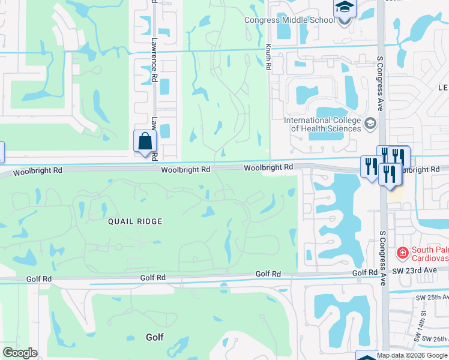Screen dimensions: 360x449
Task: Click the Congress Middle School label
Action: coord(289,20)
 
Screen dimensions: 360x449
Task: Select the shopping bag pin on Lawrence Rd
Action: coord(145,142)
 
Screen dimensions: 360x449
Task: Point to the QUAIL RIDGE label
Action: coord(135,221)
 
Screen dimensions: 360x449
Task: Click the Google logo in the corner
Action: coord(20,353)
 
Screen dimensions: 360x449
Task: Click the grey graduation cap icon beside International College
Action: coord(370,124)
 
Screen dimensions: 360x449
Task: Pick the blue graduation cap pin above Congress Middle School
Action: coord(345,8)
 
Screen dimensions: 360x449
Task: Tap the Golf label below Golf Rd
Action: coord(155,337)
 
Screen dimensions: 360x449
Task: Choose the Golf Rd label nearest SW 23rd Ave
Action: coord(364,273)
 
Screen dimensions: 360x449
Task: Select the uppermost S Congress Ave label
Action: coord(379,83)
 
